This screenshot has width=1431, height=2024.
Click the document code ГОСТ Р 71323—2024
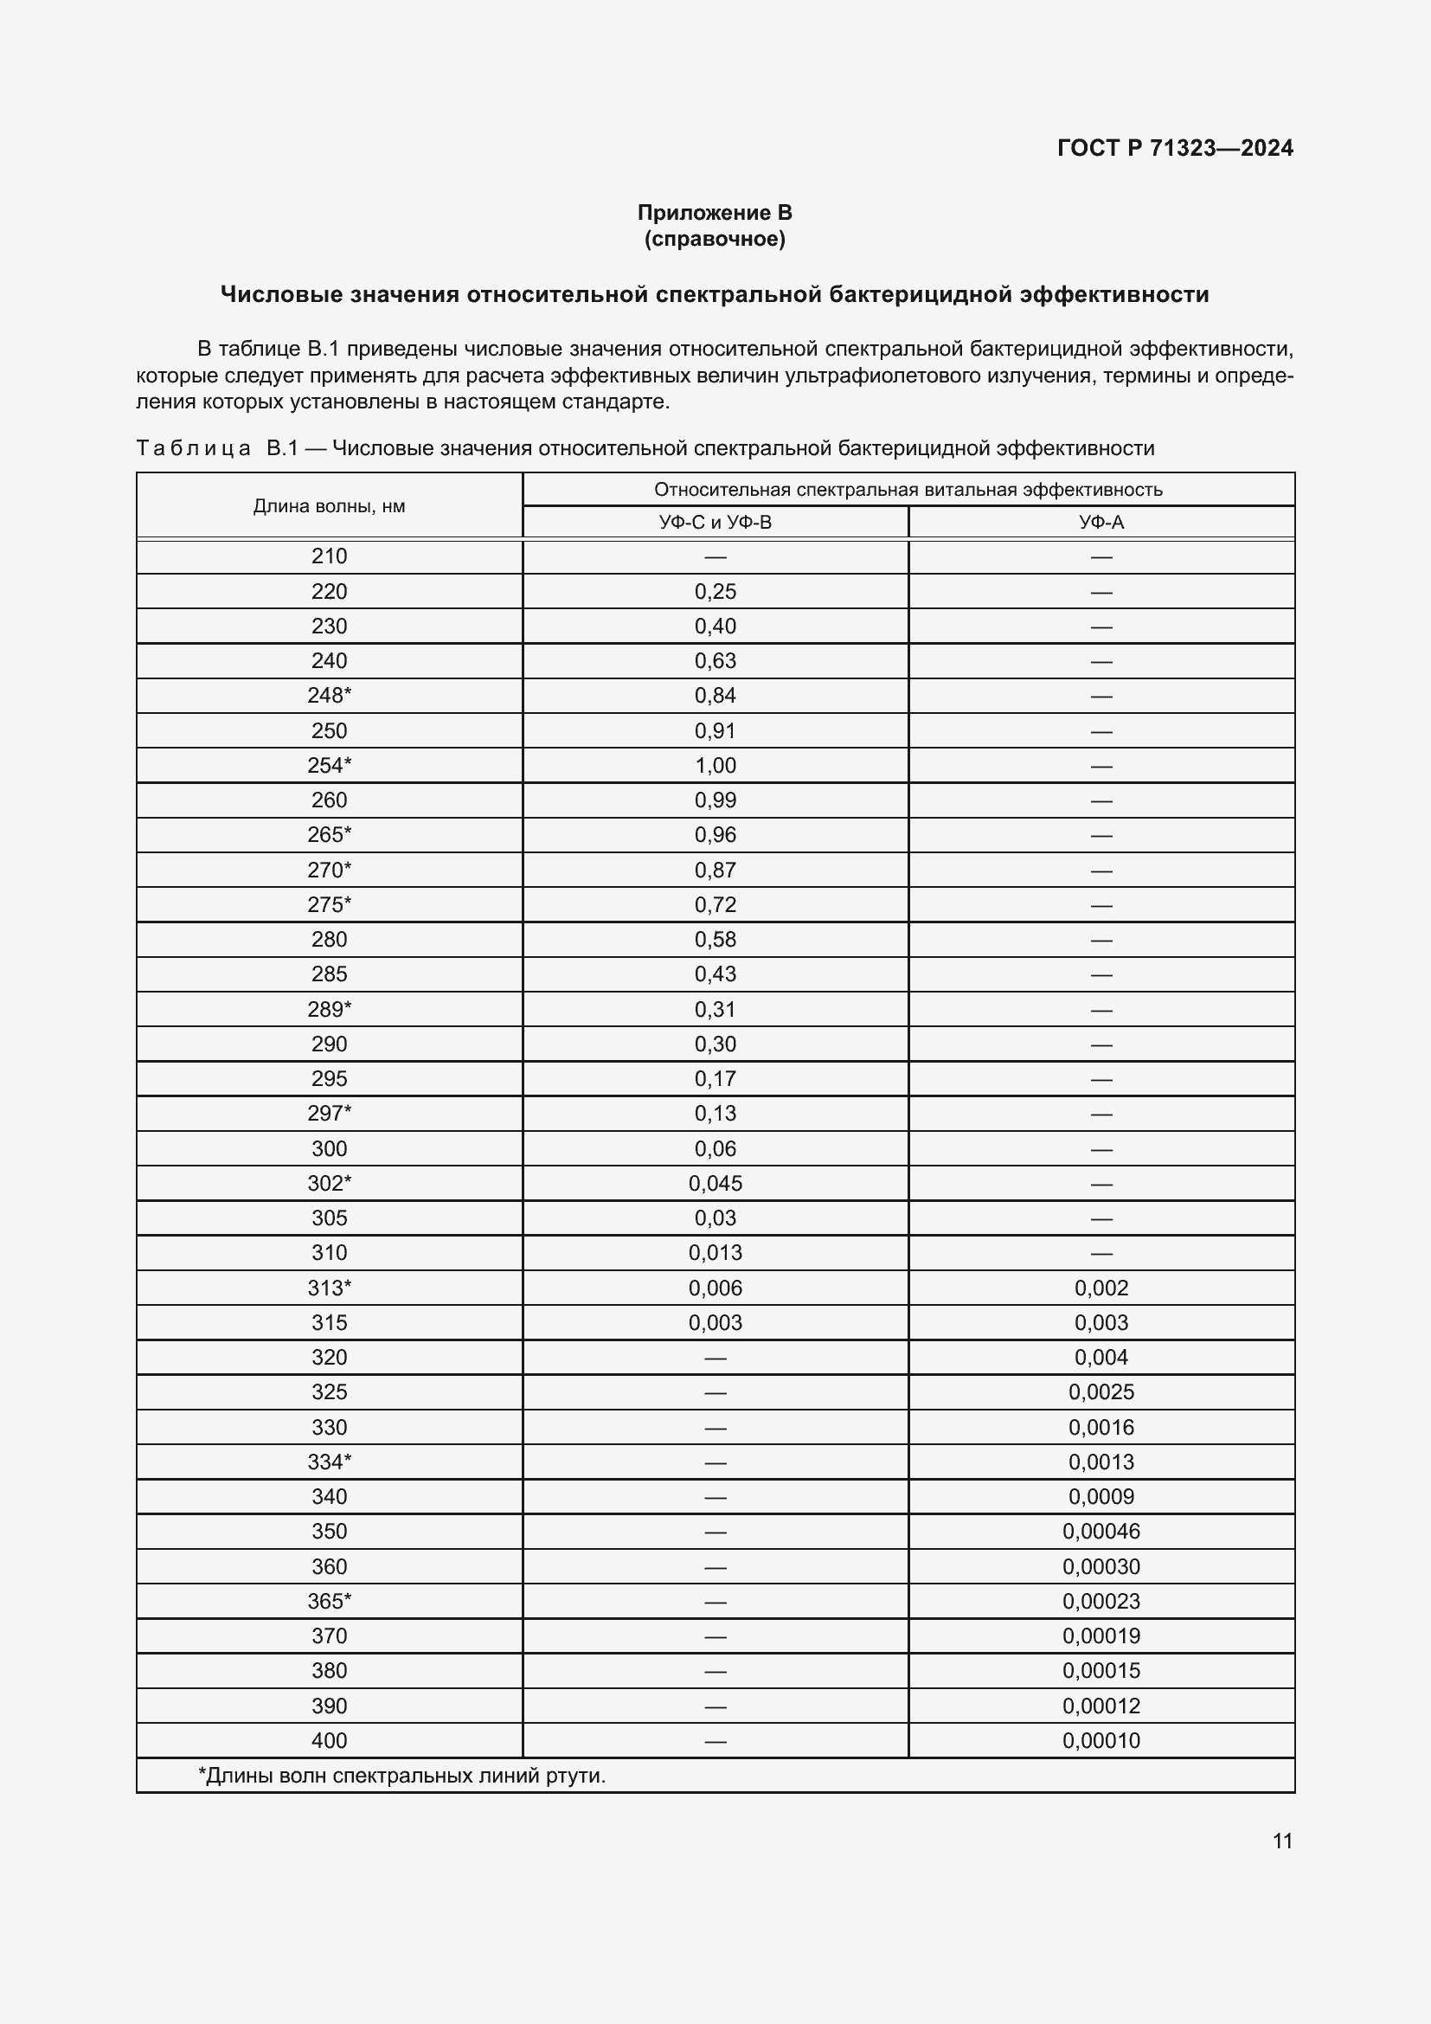[x=1175, y=148]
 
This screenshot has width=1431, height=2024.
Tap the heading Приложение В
[x=715, y=213]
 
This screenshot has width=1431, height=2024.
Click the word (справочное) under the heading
[x=715, y=239]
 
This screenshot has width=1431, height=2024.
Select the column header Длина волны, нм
[x=329, y=506]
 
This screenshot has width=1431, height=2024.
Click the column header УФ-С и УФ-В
[x=715, y=522]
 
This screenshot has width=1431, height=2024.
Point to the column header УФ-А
[x=1101, y=522]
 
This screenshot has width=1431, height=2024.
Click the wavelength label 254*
[x=329, y=765]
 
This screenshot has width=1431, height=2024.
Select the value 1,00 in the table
[x=715, y=765]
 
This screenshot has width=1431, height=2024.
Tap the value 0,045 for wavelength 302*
[x=715, y=1183]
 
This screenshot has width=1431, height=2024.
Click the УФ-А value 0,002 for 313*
[x=1101, y=1288]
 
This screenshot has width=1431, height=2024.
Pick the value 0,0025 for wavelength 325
[x=1101, y=1392]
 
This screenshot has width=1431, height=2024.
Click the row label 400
[x=329, y=1740]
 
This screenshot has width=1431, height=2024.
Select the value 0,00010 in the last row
[x=1101, y=1740]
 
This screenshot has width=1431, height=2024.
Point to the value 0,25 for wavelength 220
[x=715, y=592]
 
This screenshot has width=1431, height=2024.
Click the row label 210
[x=329, y=556]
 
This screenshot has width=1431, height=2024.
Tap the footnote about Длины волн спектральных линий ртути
[x=401, y=1776]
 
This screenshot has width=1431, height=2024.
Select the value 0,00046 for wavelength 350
[x=1101, y=1532]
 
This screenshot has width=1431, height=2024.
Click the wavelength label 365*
[x=329, y=1601]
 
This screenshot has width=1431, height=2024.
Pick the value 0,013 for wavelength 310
[x=715, y=1253]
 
